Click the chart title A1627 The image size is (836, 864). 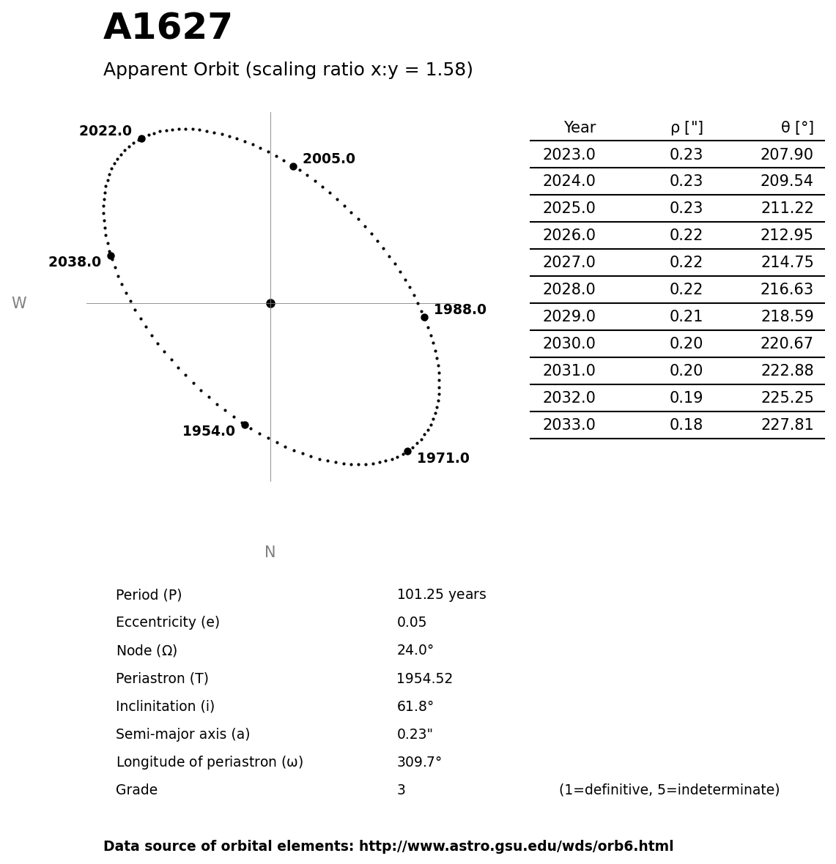point(167,28)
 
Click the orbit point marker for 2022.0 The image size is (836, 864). point(141,138)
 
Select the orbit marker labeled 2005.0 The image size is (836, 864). point(293,166)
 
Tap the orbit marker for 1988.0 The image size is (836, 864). point(424,317)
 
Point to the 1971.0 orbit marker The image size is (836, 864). point(407,451)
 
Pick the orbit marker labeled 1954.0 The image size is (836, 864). point(245,425)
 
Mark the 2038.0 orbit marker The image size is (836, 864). point(111,256)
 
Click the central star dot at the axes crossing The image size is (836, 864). point(270,303)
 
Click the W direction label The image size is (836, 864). point(19,303)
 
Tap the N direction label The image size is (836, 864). point(270,552)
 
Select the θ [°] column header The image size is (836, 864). point(796,127)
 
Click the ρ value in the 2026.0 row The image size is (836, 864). point(686,235)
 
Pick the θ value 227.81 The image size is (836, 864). point(786,425)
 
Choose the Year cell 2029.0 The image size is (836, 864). point(569,316)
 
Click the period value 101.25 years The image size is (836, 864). point(441,595)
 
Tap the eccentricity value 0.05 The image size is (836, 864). point(411,622)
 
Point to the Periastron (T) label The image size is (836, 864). point(162,679)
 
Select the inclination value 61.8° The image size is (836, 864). point(415,707)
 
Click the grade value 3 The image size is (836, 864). point(401,790)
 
